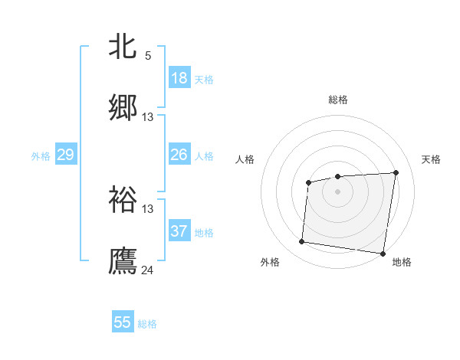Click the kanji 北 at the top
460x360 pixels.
point(123,47)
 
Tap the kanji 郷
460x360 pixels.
point(123,108)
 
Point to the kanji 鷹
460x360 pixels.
point(123,260)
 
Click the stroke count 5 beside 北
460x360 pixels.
point(148,55)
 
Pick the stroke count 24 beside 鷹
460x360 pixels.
point(148,270)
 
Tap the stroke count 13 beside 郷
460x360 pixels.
point(148,117)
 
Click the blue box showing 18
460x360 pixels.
point(179,78)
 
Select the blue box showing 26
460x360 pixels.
point(179,155)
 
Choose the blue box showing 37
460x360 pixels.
point(179,231)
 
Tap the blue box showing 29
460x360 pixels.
point(65,155)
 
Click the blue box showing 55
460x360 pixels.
point(123,322)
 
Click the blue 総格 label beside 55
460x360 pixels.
point(147,324)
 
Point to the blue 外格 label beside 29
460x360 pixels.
point(41,156)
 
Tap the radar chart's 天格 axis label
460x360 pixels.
point(432,159)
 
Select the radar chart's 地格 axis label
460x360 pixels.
point(402,263)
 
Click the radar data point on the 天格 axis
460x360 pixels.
point(396,172)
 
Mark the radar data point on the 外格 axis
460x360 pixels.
point(302,242)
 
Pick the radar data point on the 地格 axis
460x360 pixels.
point(383,254)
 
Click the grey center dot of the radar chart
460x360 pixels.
point(337,191)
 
